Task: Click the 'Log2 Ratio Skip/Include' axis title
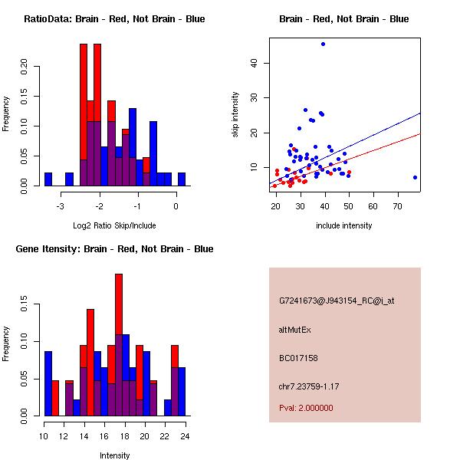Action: pyautogui.click(x=113, y=225)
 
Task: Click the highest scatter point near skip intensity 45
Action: pyautogui.click(x=323, y=44)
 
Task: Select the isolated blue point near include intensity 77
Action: pyautogui.click(x=415, y=177)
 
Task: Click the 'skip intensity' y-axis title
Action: pyautogui.click(x=235, y=115)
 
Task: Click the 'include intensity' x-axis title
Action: pyautogui.click(x=343, y=225)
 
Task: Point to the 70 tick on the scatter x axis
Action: pyautogui.click(x=397, y=205)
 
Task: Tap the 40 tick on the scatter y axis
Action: pyautogui.click(x=254, y=63)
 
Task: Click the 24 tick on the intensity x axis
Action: pyautogui.click(x=185, y=435)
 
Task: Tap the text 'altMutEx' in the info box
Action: pyautogui.click(x=294, y=330)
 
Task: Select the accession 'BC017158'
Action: pyautogui.click(x=298, y=358)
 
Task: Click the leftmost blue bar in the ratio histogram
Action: pyautogui.click(x=48, y=179)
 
